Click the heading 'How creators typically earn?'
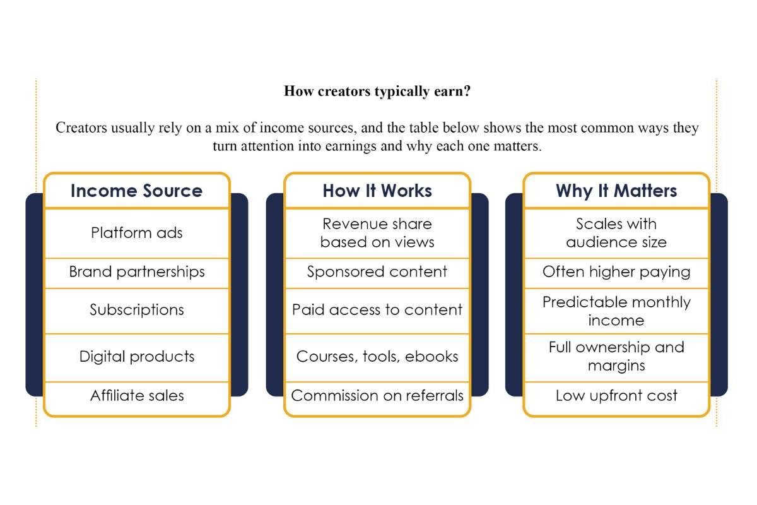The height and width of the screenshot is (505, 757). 377,91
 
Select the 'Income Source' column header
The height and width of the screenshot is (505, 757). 136,191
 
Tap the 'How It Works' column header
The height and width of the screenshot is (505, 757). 377,191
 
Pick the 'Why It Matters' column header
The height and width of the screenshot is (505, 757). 616,191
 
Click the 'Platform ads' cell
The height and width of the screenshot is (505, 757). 136,233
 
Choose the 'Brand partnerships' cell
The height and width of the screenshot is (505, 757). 136,272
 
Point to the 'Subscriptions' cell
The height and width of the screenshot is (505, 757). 136,310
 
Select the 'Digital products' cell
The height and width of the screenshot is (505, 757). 136,357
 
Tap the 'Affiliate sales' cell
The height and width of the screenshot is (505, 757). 136,396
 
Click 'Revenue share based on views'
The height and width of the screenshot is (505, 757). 377,233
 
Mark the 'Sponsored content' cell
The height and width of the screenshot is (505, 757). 377,272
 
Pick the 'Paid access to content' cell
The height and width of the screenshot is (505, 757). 377,310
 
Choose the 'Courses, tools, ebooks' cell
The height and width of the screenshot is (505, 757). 377,357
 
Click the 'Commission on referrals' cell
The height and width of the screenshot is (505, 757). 377,396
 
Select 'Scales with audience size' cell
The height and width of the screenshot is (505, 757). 616,233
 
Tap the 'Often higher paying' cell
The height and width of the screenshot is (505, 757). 616,272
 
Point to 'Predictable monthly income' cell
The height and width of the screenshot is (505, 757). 616,311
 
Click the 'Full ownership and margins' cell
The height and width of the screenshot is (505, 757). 616,357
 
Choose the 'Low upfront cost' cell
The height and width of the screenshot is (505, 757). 616,396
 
